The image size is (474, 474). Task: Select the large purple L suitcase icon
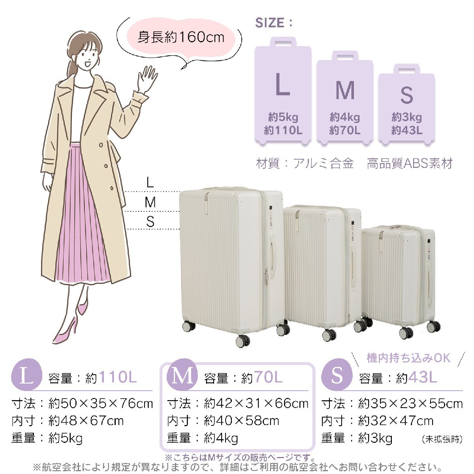pos(283,91)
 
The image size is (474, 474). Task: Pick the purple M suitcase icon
pos(345,98)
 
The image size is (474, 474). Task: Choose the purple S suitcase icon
pos(406,105)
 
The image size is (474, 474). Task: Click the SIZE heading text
pos(273,23)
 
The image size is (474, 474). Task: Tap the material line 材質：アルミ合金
pos(305,163)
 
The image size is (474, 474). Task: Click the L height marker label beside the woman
pos(150,183)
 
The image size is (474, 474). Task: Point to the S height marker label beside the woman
pos(150,221)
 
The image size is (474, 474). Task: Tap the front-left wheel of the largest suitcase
pos(243,340)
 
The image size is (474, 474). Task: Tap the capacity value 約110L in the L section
pos(111,377)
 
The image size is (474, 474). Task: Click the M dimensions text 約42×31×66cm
pos(256,404)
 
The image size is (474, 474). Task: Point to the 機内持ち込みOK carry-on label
pos(408,358)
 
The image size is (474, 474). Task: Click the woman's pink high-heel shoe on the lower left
pos(65,330)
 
